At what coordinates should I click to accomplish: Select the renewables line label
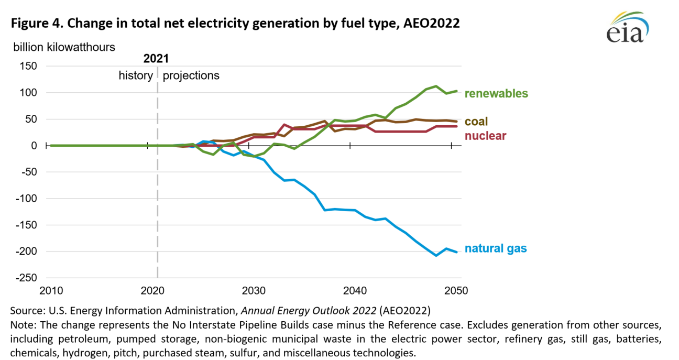tap(496, 94)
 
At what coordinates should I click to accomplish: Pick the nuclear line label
tap(485, 136)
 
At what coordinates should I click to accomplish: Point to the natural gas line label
tap(496, 249)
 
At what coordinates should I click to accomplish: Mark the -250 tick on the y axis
tap(26, 278)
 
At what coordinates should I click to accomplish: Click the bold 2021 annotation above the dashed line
tap(156, 59)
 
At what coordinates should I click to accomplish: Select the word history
tap(135, 75)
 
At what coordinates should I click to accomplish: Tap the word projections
tap(191, 75)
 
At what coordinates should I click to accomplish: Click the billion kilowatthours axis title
tap(64, 47)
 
